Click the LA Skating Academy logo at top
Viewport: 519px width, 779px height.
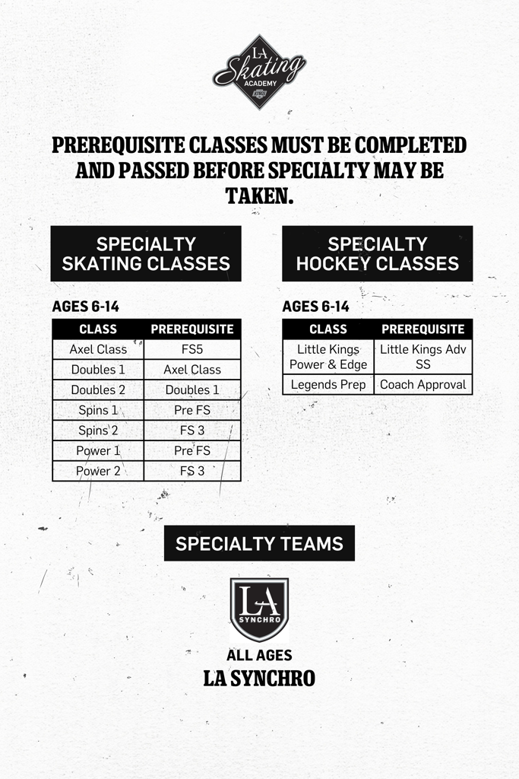(x=259, y=72)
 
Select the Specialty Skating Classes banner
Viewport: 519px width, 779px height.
(x=146, y=253)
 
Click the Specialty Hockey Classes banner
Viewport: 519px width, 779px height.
(x=377, y=253)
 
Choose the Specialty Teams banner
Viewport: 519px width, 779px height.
(x=259, y=543)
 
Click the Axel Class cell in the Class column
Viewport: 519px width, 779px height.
(x=98, y=350)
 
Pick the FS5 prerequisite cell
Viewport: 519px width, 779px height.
(x=192, y=350)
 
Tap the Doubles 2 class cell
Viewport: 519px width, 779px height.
(x=98, y=390)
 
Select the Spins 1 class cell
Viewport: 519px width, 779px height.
(x=98, y=410)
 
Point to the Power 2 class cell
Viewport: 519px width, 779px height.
(x=98, y=471)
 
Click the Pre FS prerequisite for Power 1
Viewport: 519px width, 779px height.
(x=192, y=450)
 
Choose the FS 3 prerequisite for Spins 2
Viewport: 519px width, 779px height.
(x=192, y=431)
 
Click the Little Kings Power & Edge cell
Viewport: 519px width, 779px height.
(x=328, y=357)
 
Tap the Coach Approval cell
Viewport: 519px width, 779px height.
(x=423, y=385)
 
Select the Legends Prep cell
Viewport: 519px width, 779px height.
(x=328, y=385)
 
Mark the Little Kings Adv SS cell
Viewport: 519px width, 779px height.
(x=423, y=357)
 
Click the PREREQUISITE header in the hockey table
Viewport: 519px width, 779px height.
(x=423, y=329)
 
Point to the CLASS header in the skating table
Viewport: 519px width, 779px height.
(x=98, y=329)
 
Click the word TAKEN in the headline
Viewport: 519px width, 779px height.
(x=259, y=196)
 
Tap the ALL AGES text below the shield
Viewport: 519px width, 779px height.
(x=259, y=655)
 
